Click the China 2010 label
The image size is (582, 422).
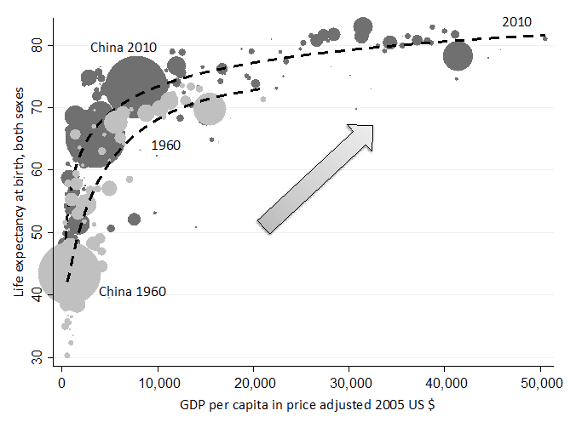coord(124,48)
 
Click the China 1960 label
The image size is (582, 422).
coord(132,292)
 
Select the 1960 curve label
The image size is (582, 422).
coord(165,145)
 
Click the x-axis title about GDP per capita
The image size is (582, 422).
coord(302,401)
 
